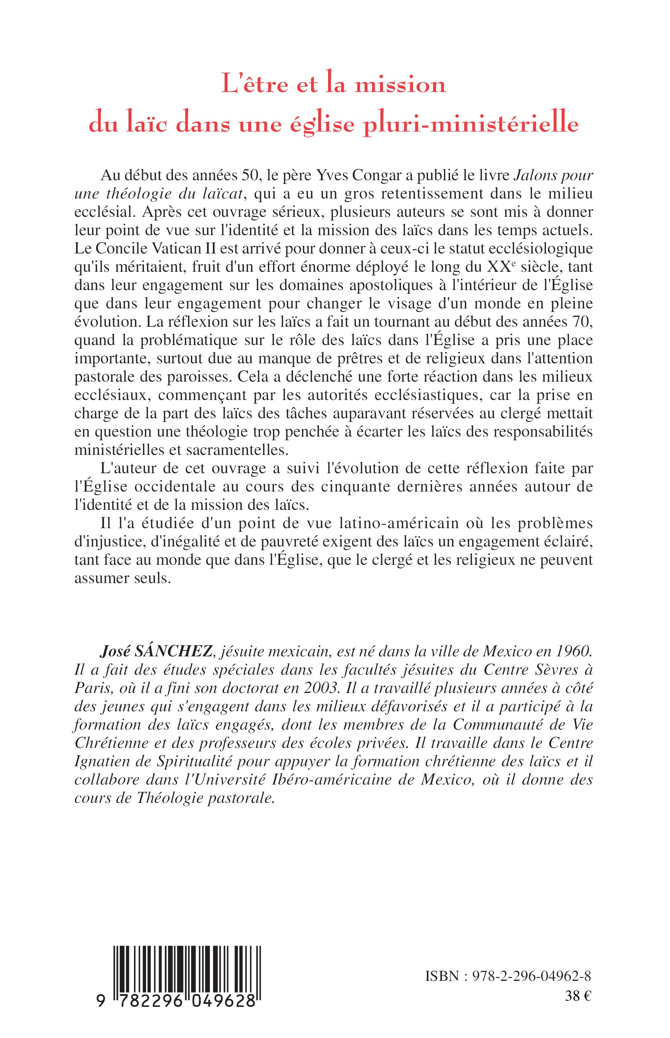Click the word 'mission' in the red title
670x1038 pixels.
400,85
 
